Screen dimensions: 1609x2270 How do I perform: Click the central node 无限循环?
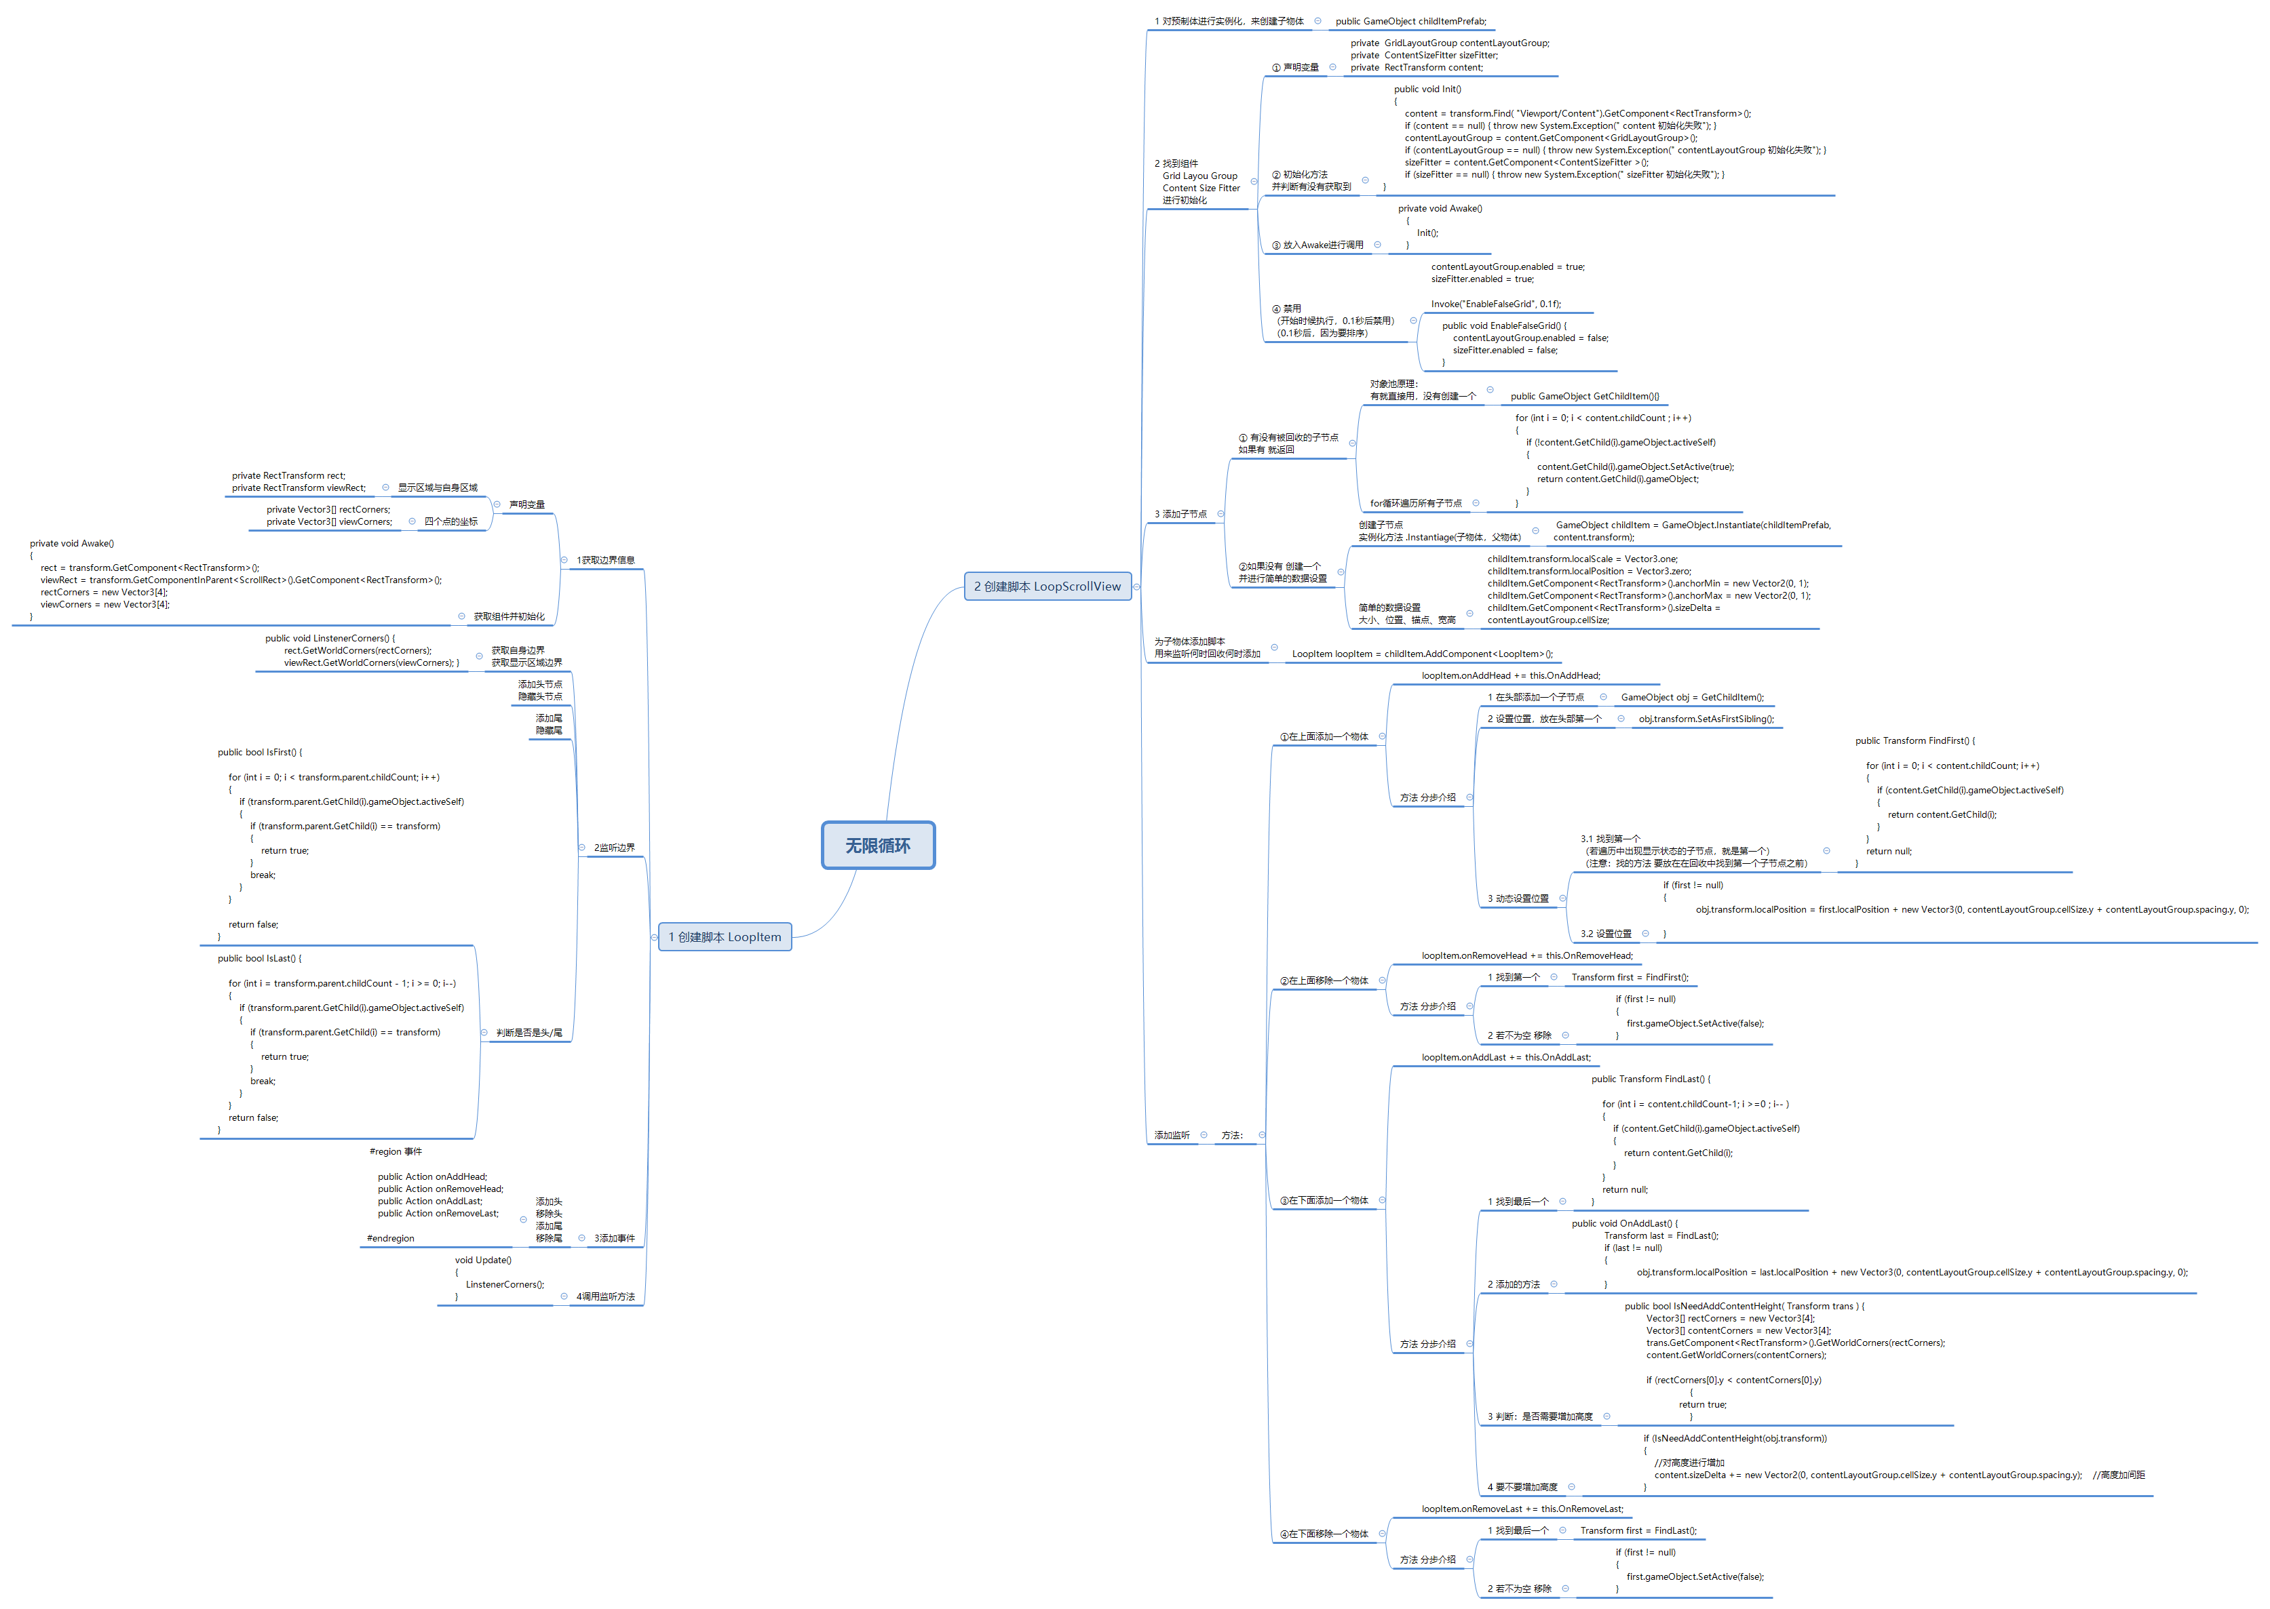point(877,845)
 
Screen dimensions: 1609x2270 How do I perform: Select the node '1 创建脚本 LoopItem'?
point(725,937)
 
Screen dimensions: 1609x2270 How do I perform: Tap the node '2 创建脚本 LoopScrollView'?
point(1047,587)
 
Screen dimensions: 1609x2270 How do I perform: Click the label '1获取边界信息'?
point(606,561)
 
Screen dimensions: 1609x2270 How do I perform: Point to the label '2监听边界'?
point(615,848)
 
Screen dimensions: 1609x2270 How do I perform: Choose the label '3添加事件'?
point(615,1239)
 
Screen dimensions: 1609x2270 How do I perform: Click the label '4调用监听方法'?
point(606,1297)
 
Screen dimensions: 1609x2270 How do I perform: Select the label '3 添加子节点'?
point(1180,514)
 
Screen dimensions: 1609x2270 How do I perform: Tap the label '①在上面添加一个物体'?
point(1324,737)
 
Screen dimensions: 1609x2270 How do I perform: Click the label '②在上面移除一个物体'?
point(1324,981)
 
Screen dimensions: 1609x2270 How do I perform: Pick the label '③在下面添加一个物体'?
point(1324,1201)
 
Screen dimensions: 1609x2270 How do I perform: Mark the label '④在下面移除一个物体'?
point(1324,1534)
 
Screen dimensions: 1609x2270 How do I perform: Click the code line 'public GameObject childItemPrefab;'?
point(1410,22)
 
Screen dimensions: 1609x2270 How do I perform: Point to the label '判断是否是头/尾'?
point(529,1033)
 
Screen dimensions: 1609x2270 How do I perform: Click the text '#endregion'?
point(391,1239)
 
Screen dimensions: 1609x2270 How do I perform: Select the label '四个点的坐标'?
point(451,522)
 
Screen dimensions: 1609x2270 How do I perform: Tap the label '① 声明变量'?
point(1296,67)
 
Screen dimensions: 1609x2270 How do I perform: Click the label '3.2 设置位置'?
point(1606,934)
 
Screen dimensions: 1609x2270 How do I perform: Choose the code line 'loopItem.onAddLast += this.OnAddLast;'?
point(1505,1058)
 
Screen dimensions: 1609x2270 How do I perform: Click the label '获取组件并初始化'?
point(509,617)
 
